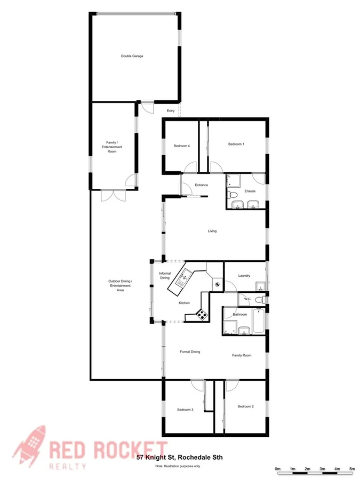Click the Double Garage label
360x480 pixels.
click(132, 56)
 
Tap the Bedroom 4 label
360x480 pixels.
click(182, 146)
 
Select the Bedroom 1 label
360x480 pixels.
click(236, 144)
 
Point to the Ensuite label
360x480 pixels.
click(250, 191)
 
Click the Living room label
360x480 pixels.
click(212, 231)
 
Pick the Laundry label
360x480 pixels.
click(244, 276)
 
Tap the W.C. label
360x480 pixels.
click(247, 299)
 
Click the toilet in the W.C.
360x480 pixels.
click(260, 300)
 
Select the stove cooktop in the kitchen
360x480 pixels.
click(202, 315)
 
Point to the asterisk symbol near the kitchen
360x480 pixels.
click(217, 284)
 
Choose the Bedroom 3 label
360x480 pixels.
click(185, 410)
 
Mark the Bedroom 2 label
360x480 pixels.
click(245, 406)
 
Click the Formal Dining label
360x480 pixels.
click(190, 352)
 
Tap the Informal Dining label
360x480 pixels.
click(165, 276)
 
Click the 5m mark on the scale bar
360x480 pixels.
click(352, 469)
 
